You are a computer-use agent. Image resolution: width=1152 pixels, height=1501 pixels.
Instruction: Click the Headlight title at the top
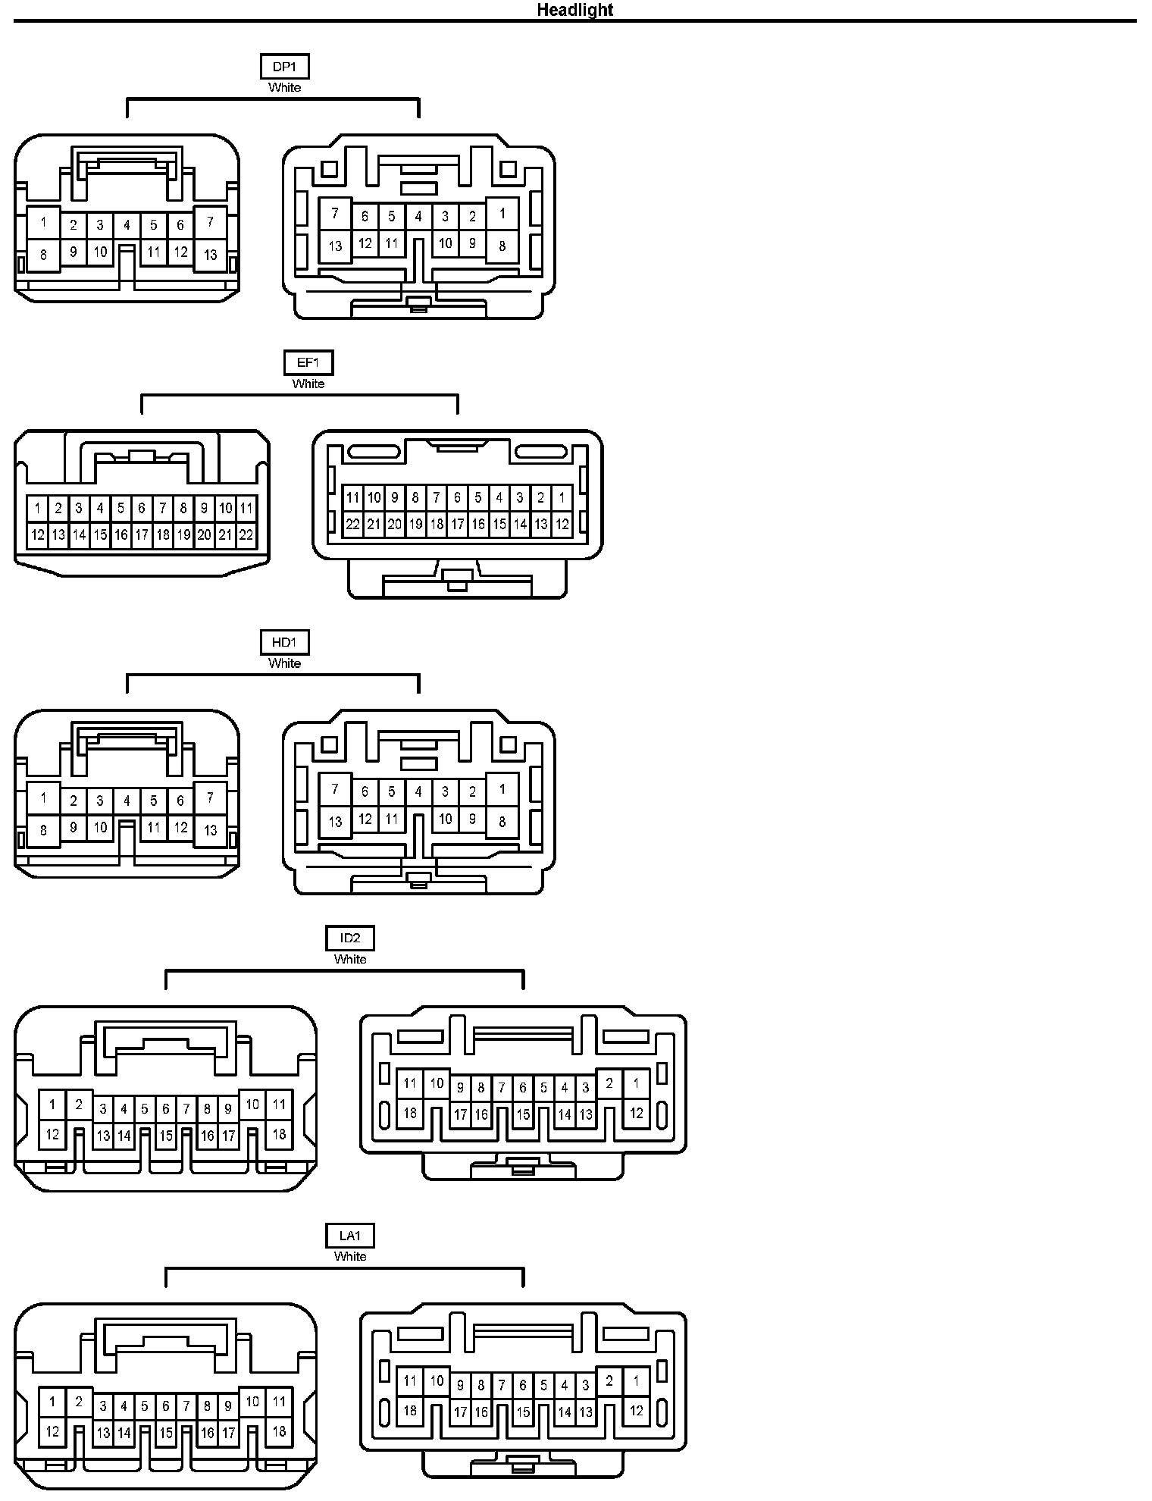(574, 10)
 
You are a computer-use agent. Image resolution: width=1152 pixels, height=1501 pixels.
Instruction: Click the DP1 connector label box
(284, 67)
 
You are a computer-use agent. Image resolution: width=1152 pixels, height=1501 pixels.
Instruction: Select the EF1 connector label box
(308, 362)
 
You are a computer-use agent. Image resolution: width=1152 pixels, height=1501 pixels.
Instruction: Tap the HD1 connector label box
(284, 643)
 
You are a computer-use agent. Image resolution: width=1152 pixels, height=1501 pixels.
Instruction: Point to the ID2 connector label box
(350, 939)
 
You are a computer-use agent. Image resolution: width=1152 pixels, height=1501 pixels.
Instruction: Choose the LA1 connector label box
(350, 1236)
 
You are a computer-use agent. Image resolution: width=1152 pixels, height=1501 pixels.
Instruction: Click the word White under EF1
(308, 384)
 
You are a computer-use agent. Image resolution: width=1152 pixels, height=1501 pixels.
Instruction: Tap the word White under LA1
(350, 1256)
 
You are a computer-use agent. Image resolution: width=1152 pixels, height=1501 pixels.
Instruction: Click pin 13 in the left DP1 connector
(211, 255)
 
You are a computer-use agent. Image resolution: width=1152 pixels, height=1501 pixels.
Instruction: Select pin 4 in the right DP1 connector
(418, 217)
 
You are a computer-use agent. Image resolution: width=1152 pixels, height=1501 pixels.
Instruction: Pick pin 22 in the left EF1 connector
(246, 534)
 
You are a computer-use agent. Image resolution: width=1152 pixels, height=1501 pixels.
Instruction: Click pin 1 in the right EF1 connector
(562, 498)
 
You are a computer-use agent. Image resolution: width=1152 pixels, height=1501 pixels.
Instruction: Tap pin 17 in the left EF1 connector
(142, 534)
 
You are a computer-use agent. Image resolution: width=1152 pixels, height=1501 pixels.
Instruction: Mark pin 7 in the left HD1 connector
(211, 797)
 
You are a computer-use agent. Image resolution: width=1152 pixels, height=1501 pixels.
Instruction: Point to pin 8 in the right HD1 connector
(502, 822)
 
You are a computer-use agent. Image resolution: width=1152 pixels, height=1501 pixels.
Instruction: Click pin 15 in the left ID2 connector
(166, 1136)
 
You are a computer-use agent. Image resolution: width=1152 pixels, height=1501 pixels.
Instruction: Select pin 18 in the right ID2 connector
(410, 1113)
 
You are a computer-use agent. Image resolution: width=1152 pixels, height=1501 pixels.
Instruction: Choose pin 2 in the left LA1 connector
(79, 1402)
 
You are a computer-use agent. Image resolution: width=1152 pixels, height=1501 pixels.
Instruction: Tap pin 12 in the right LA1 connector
(637, 1410)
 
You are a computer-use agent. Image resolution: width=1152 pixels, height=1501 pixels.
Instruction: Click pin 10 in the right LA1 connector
(437, 1380)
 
